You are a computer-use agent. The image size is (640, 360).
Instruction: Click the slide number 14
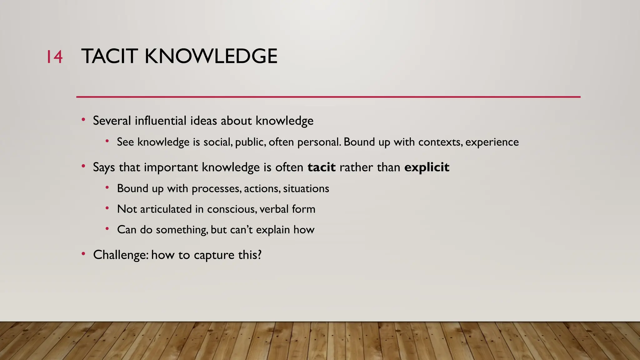pos(54,57)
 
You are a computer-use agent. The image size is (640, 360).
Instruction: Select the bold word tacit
pos(321,167)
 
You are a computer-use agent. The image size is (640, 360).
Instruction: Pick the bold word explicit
pos(427,167)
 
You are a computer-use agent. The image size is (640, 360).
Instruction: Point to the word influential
pos(161,121)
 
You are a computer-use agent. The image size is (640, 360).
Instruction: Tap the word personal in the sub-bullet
pos(318,142)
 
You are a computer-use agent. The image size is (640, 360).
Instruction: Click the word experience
pos(492,142)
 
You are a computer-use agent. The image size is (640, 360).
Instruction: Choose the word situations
pos(306,189)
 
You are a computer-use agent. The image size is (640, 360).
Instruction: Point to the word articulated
pos(166,209)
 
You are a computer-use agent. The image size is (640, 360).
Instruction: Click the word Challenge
pos(120,255)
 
